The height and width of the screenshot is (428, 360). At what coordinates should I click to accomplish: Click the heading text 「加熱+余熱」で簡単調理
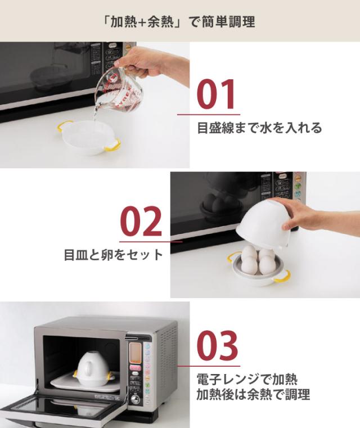click(180, 22)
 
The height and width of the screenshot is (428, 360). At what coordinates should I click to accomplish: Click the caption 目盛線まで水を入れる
click(259, 128)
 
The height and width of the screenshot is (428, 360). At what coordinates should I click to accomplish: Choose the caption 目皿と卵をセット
click(113, 255)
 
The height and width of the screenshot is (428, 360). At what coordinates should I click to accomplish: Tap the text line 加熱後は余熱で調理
click(253, 394)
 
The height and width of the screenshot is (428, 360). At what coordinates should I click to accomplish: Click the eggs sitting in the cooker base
click(258, 259)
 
